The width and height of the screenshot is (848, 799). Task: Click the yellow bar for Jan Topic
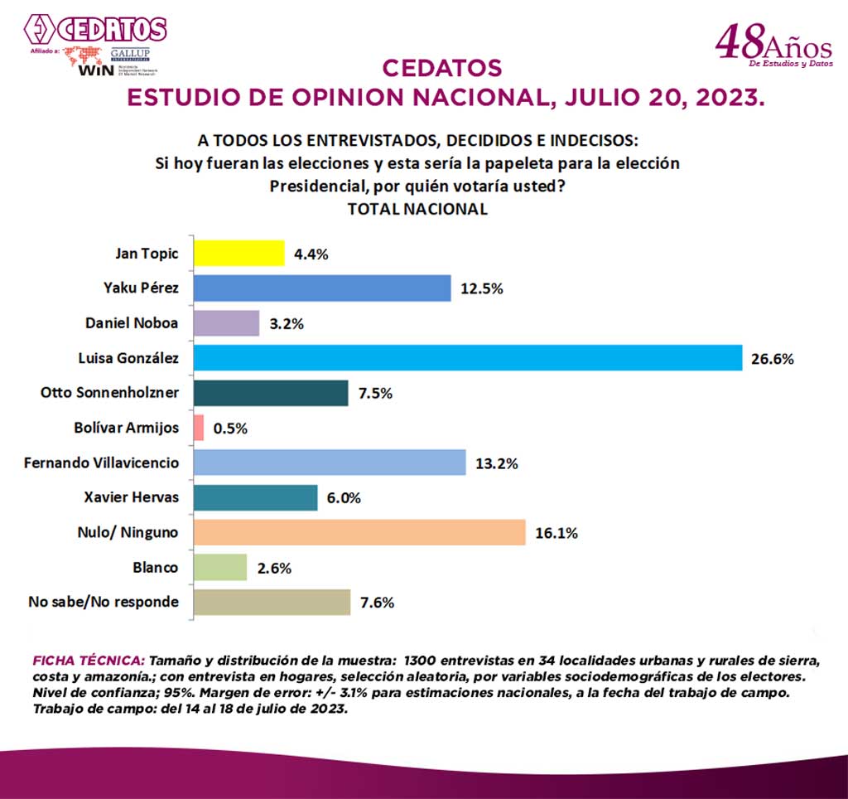click(x=238, y=254)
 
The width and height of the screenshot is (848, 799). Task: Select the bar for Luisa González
click(x=467, y=358)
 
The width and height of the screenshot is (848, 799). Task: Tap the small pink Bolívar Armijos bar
click(x=199, y=428)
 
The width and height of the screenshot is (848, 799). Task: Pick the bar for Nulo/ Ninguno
click(x=359, y=532)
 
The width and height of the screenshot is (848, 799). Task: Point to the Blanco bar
click(x=220, y=568)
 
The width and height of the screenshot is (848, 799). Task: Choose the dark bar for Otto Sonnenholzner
click(x=271, y=393)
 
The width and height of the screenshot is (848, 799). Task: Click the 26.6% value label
click(x=773, y=359)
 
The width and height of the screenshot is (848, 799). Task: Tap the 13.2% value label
click(x=497, y=463)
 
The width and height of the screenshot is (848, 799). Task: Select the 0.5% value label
click(x=230, y=429)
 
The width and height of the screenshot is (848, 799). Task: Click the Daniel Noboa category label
click(x=132, y=323)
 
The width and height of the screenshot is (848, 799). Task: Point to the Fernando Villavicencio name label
click(x=101, y=462)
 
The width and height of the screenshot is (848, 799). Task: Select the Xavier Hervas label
click(x=132, y=497)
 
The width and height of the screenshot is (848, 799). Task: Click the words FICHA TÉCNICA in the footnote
click(x=87, y=661)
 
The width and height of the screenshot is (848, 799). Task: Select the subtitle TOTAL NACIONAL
click(x=417, y=209)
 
